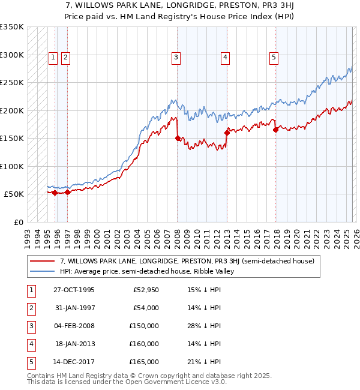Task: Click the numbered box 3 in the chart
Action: (176, 58)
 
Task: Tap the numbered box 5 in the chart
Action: (274, 58)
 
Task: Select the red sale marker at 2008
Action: (178, 139)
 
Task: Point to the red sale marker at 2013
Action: (227, 133)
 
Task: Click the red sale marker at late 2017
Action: (275, 130)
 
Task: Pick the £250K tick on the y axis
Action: (12, 83)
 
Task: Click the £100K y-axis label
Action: (12, 166)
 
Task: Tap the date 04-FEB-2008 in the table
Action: (74, 326)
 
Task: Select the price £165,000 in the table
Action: (144, 362)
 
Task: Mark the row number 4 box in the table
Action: (31, 344)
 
